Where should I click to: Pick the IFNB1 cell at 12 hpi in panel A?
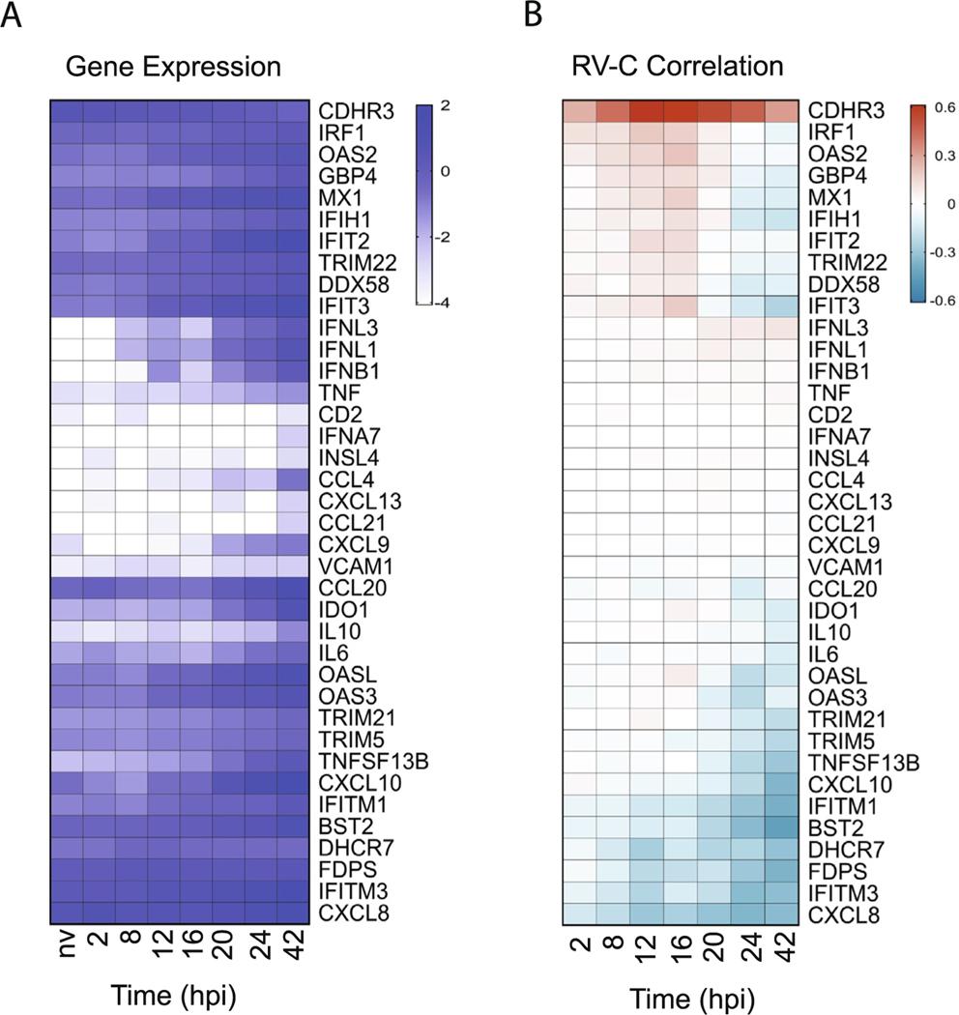(163, 370)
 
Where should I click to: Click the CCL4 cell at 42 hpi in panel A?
(293, 479)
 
